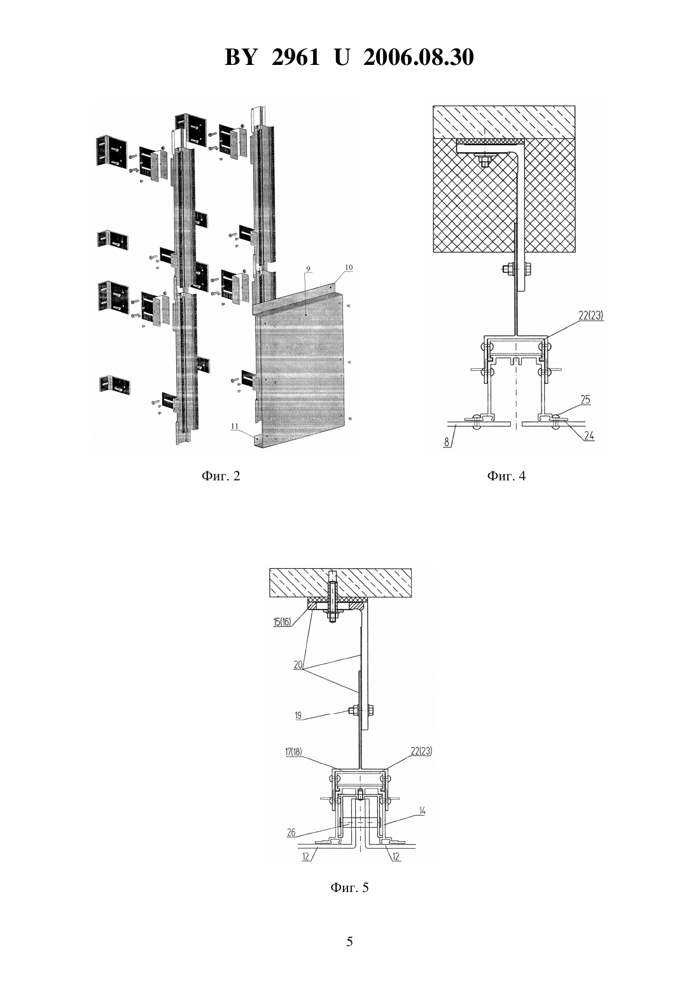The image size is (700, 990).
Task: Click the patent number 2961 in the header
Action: tap(295, 57)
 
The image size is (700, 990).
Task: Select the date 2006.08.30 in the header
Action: tap(419, 57)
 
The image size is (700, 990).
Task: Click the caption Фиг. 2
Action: tap(221, 476)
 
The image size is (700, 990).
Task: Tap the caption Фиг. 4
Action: tap(507, 476)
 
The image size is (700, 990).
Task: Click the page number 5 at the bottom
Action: tap(349, 942)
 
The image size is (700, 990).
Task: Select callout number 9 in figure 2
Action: tap(308, 268)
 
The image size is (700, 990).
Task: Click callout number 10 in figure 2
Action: tap(349, 267)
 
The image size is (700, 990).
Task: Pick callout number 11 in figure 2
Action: tap(234, 426)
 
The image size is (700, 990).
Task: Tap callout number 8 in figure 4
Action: tap(447, 442)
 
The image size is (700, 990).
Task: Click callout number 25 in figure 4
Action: tap(585, 400)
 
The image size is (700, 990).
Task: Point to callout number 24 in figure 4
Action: tap(589, 436)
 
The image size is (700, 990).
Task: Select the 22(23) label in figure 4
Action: tap(591, 316)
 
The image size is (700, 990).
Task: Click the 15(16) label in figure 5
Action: tap(282, 622)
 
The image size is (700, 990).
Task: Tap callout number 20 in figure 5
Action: tap(298, 664)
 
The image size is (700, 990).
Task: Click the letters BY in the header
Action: tap(241, 57)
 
